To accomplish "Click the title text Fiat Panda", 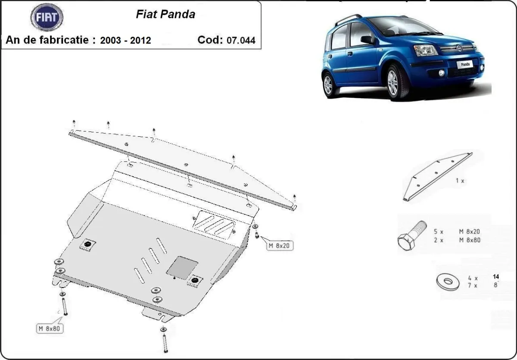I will coord(165,14).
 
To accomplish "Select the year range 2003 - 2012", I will coord(125,41).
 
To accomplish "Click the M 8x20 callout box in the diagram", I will coord(279,246).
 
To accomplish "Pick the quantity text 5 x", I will coord(439,232).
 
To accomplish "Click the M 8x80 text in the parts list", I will coord(470,240).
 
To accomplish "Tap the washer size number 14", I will coord(496,276).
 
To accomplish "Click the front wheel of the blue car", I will coord(392,83).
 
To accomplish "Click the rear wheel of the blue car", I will coord(328,84).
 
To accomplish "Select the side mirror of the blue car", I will coord(368,40).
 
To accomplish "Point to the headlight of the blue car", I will coord(426,50).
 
